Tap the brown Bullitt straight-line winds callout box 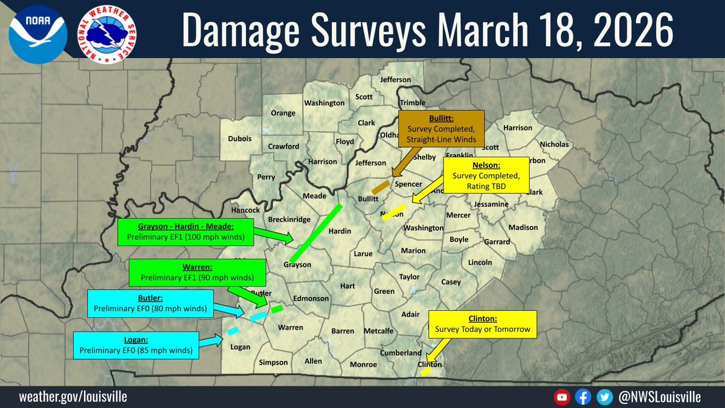pyautogui.click(x=442, y=128)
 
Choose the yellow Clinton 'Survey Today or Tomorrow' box pyautogui.click(x=483, y=324)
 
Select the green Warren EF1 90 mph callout pyautogui.click(x=196, y=273)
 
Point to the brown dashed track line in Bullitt pyautogui.click(x=381, y=187)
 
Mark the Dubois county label pyautogui.click(x=240, y=138)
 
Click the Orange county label pyautogui.click(x=283, y=113)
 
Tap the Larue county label pyautogui.click(x=362, y=254)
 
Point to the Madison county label pyautogui.click(x=523, y=227)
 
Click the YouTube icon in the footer pyautogui.click(x=562, y=397)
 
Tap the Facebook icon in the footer pyautogui.click(x=582, y=397)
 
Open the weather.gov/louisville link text pyautogui.click(x=73, y=397)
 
